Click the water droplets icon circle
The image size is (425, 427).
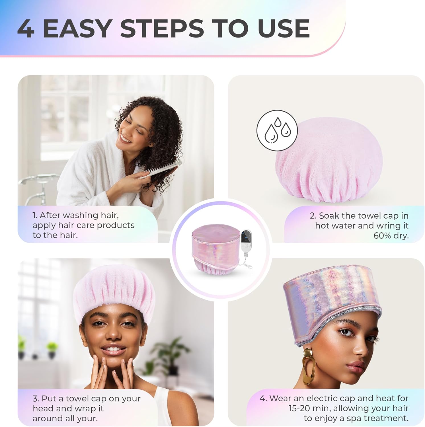277,130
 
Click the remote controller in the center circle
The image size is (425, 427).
246,240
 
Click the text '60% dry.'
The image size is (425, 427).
391,236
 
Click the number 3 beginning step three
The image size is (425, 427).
35,399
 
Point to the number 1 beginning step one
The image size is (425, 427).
34,215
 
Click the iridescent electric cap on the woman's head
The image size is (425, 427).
332,302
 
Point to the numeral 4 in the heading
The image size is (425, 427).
26,28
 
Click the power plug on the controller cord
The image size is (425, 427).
250,266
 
